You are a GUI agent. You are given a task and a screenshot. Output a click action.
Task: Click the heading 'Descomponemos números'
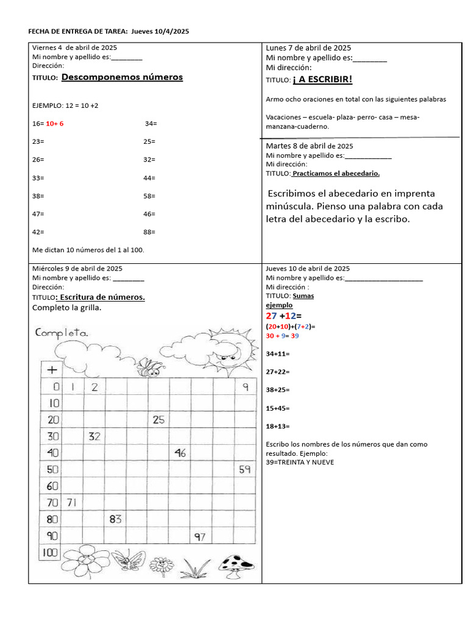click(122, 77)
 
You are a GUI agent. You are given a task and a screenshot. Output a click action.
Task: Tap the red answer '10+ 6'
click(55, 124)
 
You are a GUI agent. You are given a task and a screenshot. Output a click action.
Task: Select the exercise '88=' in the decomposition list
click(150, 232)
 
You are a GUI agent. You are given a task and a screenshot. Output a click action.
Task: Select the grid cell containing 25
click(158, 420)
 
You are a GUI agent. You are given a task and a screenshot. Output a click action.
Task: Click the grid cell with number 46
click(180, 453)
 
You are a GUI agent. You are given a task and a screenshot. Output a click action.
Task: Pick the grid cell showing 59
click(244, 469)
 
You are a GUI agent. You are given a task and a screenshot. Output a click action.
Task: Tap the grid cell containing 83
click(115, 519)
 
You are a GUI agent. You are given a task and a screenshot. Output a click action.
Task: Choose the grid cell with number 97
click(201, 536)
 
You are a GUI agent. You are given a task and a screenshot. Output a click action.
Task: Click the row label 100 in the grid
click(51, 553)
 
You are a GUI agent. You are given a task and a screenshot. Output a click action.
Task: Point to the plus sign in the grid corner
click(52, 370)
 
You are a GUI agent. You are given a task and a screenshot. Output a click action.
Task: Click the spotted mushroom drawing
click(236, 565)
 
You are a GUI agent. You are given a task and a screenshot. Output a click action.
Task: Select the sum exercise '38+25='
click(278, 390)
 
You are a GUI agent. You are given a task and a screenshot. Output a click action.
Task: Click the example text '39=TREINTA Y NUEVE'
click(300, 463)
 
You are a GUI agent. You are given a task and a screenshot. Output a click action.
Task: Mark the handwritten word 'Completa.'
click(62, 333)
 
